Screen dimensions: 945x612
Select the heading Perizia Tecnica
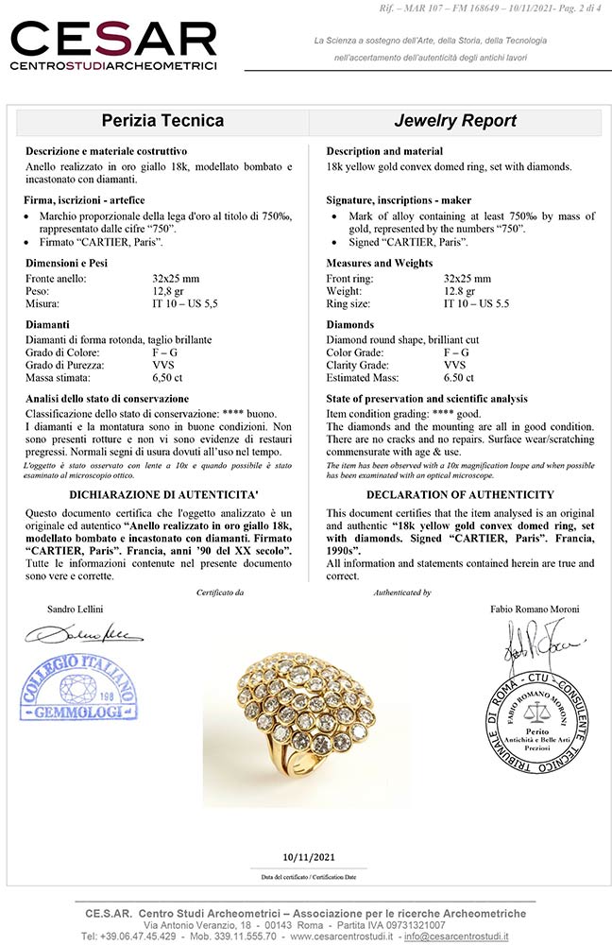(x=162, y=121)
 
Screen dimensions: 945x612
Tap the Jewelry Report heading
(x=455, y=121)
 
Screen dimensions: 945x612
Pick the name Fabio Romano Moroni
(x=534, y=610)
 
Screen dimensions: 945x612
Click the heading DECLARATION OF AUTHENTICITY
(x=459, y=494)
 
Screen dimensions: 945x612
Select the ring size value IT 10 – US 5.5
(x=477, y=304)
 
